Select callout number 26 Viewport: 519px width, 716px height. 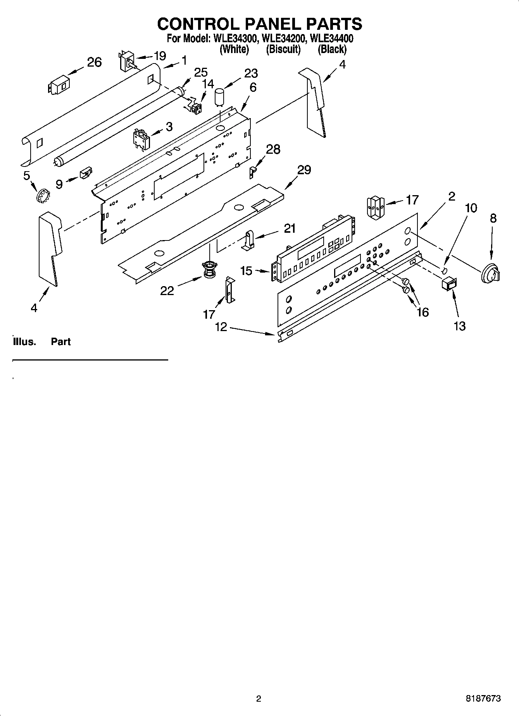click(x=94, y=62)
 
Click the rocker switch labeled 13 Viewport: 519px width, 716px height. click(x=449, y=284)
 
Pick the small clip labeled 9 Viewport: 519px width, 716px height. click(x=86, y=173)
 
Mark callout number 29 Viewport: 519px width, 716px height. click(x=304, y=170)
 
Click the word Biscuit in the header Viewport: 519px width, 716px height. click(x=283, y=50)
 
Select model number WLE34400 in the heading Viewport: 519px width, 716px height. click(x=332, y=38)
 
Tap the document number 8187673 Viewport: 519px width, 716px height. click(x=483, y=699)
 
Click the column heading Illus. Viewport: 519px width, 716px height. click(x=24, y=342)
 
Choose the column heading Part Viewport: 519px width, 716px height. click(x=61, y=342)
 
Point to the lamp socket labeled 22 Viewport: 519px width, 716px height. click(x=209, y=269)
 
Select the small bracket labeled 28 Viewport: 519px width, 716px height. click(x=252, y=171)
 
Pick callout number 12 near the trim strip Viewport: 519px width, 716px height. click(x=221, y=327)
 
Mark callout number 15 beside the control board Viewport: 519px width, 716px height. click(x=247, y=271)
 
